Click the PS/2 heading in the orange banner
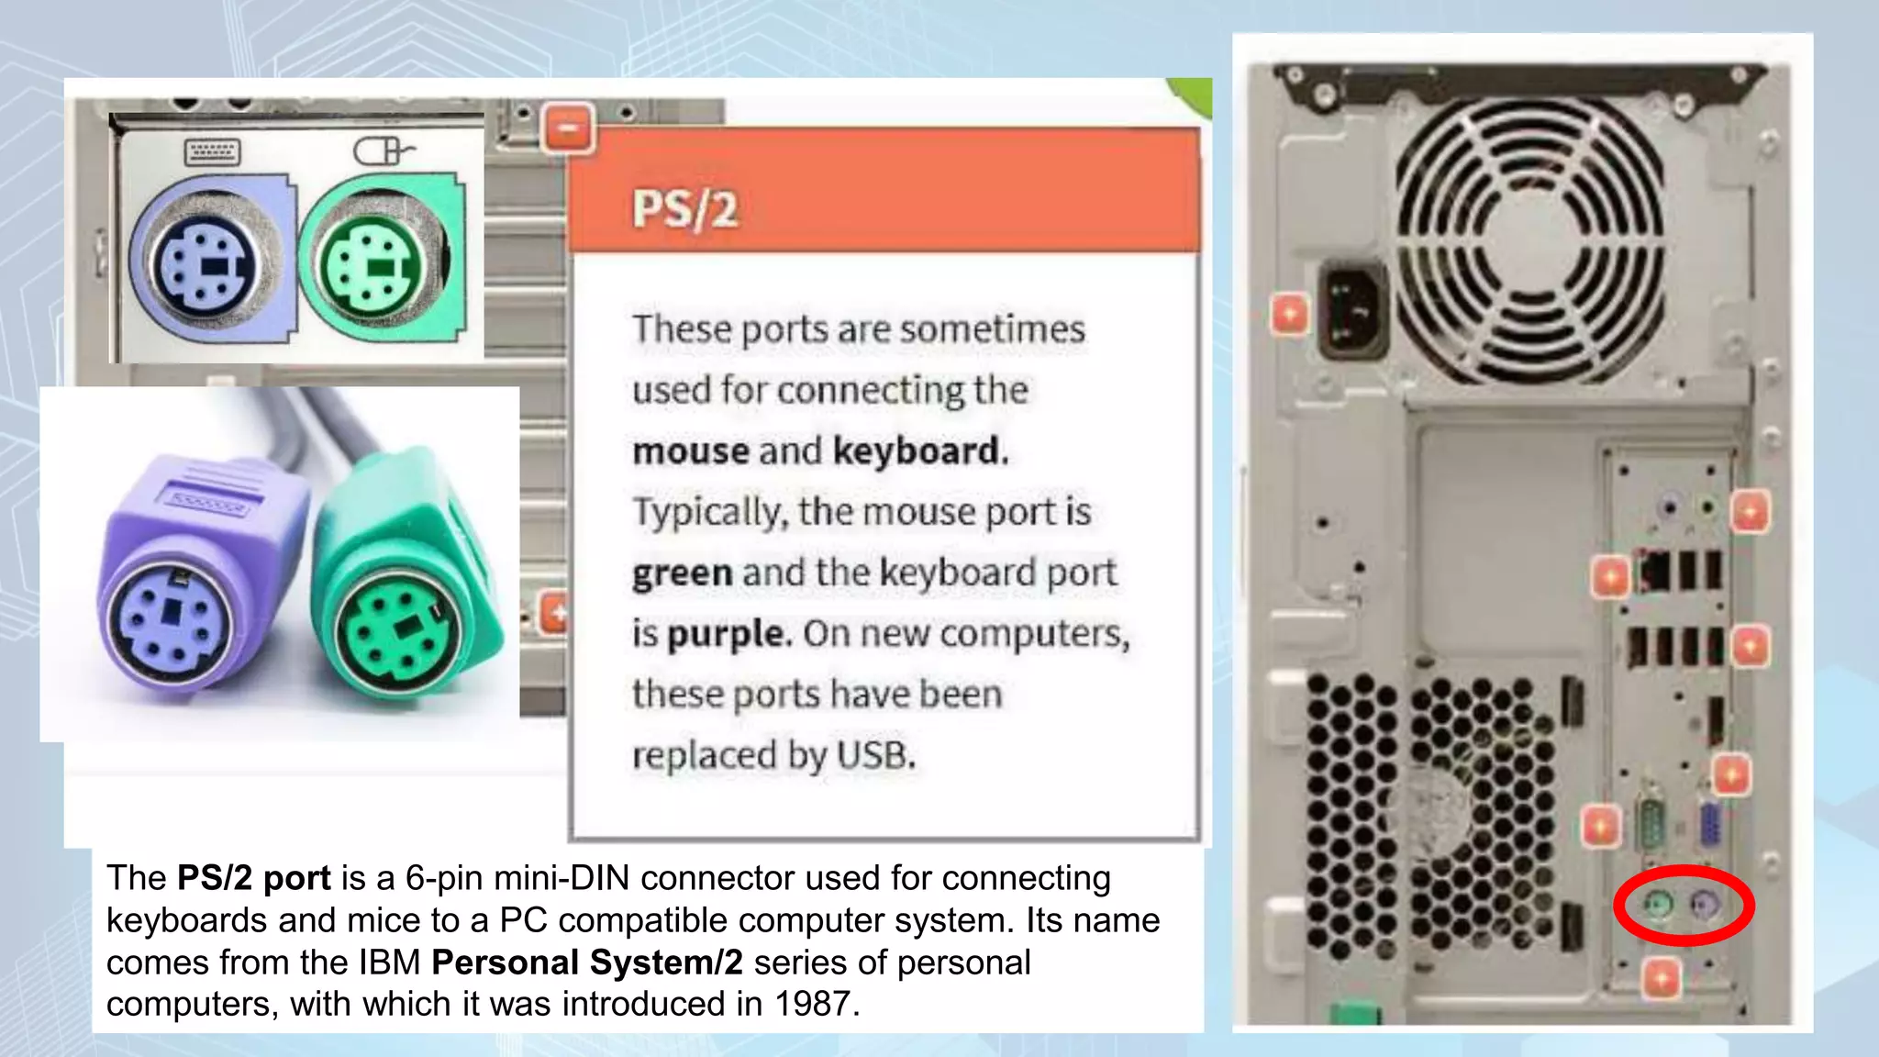click(684, 209)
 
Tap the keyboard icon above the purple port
click(212, 151)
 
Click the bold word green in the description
click(682, 573)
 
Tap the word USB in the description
click(875, 755)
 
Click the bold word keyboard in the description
click(920, 451)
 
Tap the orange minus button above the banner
click(569, 129)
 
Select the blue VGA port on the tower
click(1708, 824)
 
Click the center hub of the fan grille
click(1529, 241)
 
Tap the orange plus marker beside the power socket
click(1289, 315)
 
